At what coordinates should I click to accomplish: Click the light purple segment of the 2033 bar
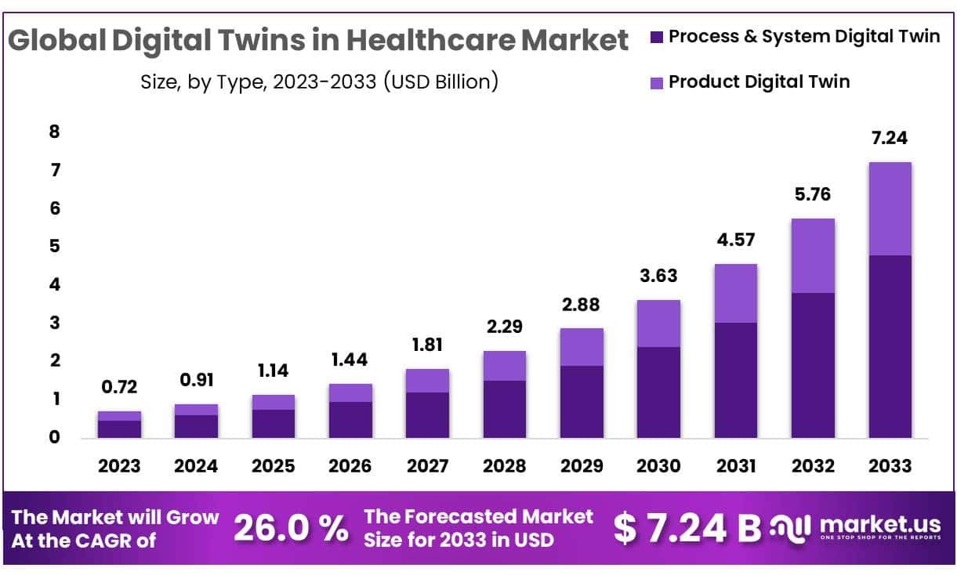tap(890, 208)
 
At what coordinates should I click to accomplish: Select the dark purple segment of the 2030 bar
tap(658, 392)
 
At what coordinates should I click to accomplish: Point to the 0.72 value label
tap(120, 387)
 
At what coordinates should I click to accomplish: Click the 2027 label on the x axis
tap(427, 465)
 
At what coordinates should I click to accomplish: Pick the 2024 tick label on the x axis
tap(197, 465)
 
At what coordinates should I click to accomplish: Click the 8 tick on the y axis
tap(54, 132)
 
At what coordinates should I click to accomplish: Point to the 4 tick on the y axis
tap(54, 284)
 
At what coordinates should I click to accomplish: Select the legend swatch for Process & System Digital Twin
tap(657, 37)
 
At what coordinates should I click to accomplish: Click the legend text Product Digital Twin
tap(759, 81)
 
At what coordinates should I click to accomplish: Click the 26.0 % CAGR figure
tap(291, 529)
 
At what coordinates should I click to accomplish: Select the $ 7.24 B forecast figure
tap(687, 529)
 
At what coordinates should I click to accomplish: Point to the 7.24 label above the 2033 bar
tap(890, 138)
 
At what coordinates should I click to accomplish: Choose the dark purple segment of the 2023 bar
tap(120, 429)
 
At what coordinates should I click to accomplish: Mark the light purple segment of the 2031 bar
tap(735, 293)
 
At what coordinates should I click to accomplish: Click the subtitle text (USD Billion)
tap(440, 81)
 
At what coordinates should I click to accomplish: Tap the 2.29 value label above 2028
tap(504, 327)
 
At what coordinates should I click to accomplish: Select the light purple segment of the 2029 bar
tap(581, 346)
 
